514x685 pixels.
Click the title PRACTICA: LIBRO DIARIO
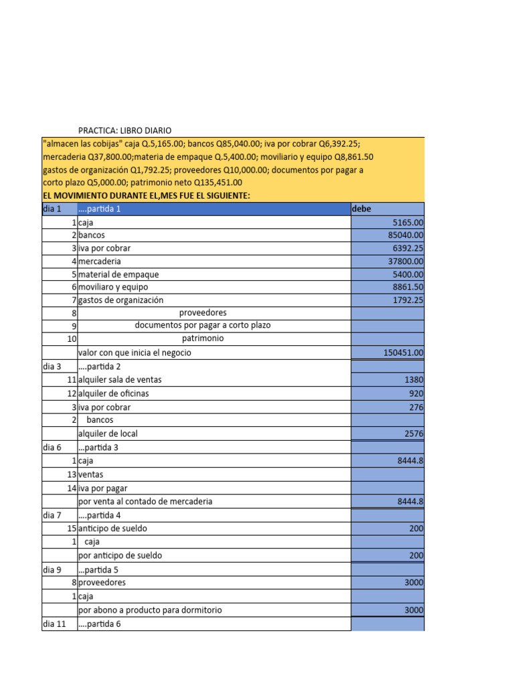click(129, 130)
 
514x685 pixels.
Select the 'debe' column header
click(361, 209)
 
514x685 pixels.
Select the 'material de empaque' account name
click(118, 274)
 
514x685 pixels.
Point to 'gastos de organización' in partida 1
click(120, 300)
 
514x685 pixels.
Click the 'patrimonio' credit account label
click(203, 338)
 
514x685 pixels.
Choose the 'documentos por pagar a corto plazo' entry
click(203, 325)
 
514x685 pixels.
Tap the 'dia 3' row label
click(52, 366)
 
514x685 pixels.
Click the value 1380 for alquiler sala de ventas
click(414, 379)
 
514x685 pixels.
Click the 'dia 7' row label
click(52, 515)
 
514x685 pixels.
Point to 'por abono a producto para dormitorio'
click(150, 610)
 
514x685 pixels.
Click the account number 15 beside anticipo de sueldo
click(72, 528)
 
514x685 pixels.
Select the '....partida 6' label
click(100, 624)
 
